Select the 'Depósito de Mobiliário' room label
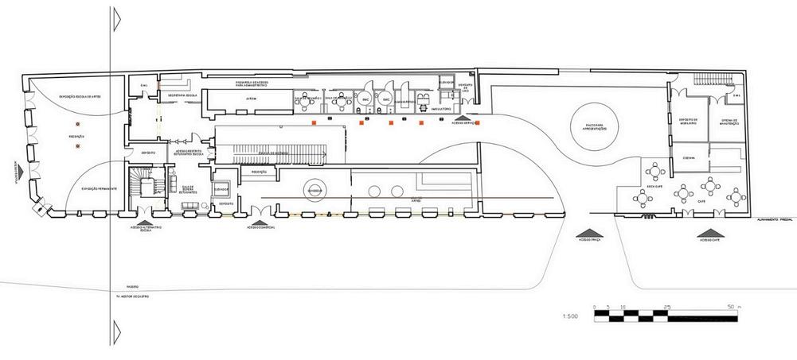tap(689, 122)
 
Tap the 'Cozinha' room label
tap(689, 157)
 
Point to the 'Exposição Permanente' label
tap(99, 188)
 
